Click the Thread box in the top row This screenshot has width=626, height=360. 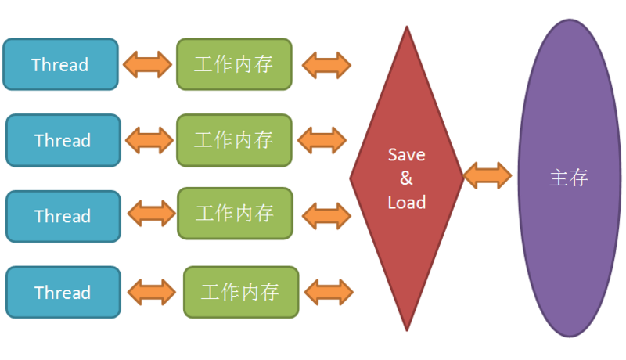[60, 64]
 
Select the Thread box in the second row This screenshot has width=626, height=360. [63, 140]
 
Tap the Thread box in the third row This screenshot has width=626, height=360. [63, 216]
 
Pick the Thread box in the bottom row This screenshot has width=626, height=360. [63, 293]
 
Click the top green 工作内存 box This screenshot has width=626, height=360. [234, 64]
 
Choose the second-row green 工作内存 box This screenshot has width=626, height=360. [234, 140]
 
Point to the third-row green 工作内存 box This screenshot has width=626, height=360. [235, 213]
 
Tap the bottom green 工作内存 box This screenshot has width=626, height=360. [241, 293]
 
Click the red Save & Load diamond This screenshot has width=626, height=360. [406, 178]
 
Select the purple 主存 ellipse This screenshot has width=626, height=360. [568, 178]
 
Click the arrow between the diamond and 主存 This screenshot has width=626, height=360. [487, 175]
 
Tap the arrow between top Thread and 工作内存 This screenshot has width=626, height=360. [148, 64]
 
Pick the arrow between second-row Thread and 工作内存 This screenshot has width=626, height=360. [149, 140]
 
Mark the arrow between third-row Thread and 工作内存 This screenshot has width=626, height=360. [151, 214]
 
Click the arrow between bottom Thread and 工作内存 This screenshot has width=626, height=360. [153, 293]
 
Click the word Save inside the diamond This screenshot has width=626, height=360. [406, 154]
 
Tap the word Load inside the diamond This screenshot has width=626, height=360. [406, 202]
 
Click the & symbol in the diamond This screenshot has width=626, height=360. [406, 178]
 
